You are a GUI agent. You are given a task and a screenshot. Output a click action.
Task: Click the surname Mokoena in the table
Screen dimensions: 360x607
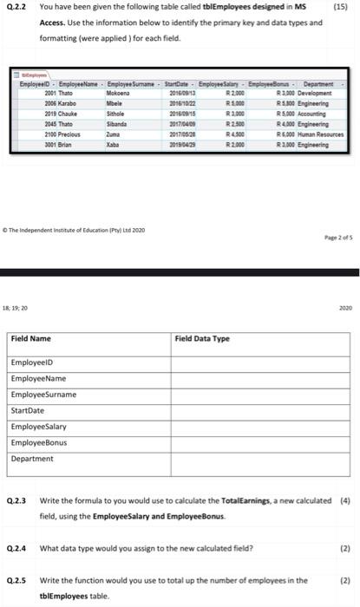tap(119, 93)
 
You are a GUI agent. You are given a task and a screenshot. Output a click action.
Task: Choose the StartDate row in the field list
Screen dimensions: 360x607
tap(28, 411)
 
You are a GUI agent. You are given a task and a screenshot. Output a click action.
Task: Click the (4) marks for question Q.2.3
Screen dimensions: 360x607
tap(346, 500)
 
